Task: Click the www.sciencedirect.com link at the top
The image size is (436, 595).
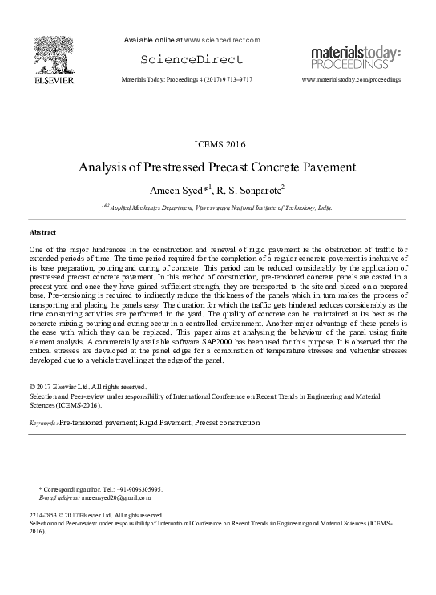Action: coord(221,39)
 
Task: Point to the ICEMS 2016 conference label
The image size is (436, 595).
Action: coord(216,144)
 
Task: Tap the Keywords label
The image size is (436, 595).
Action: coord(42,422)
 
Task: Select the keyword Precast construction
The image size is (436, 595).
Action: coord(226,422)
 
